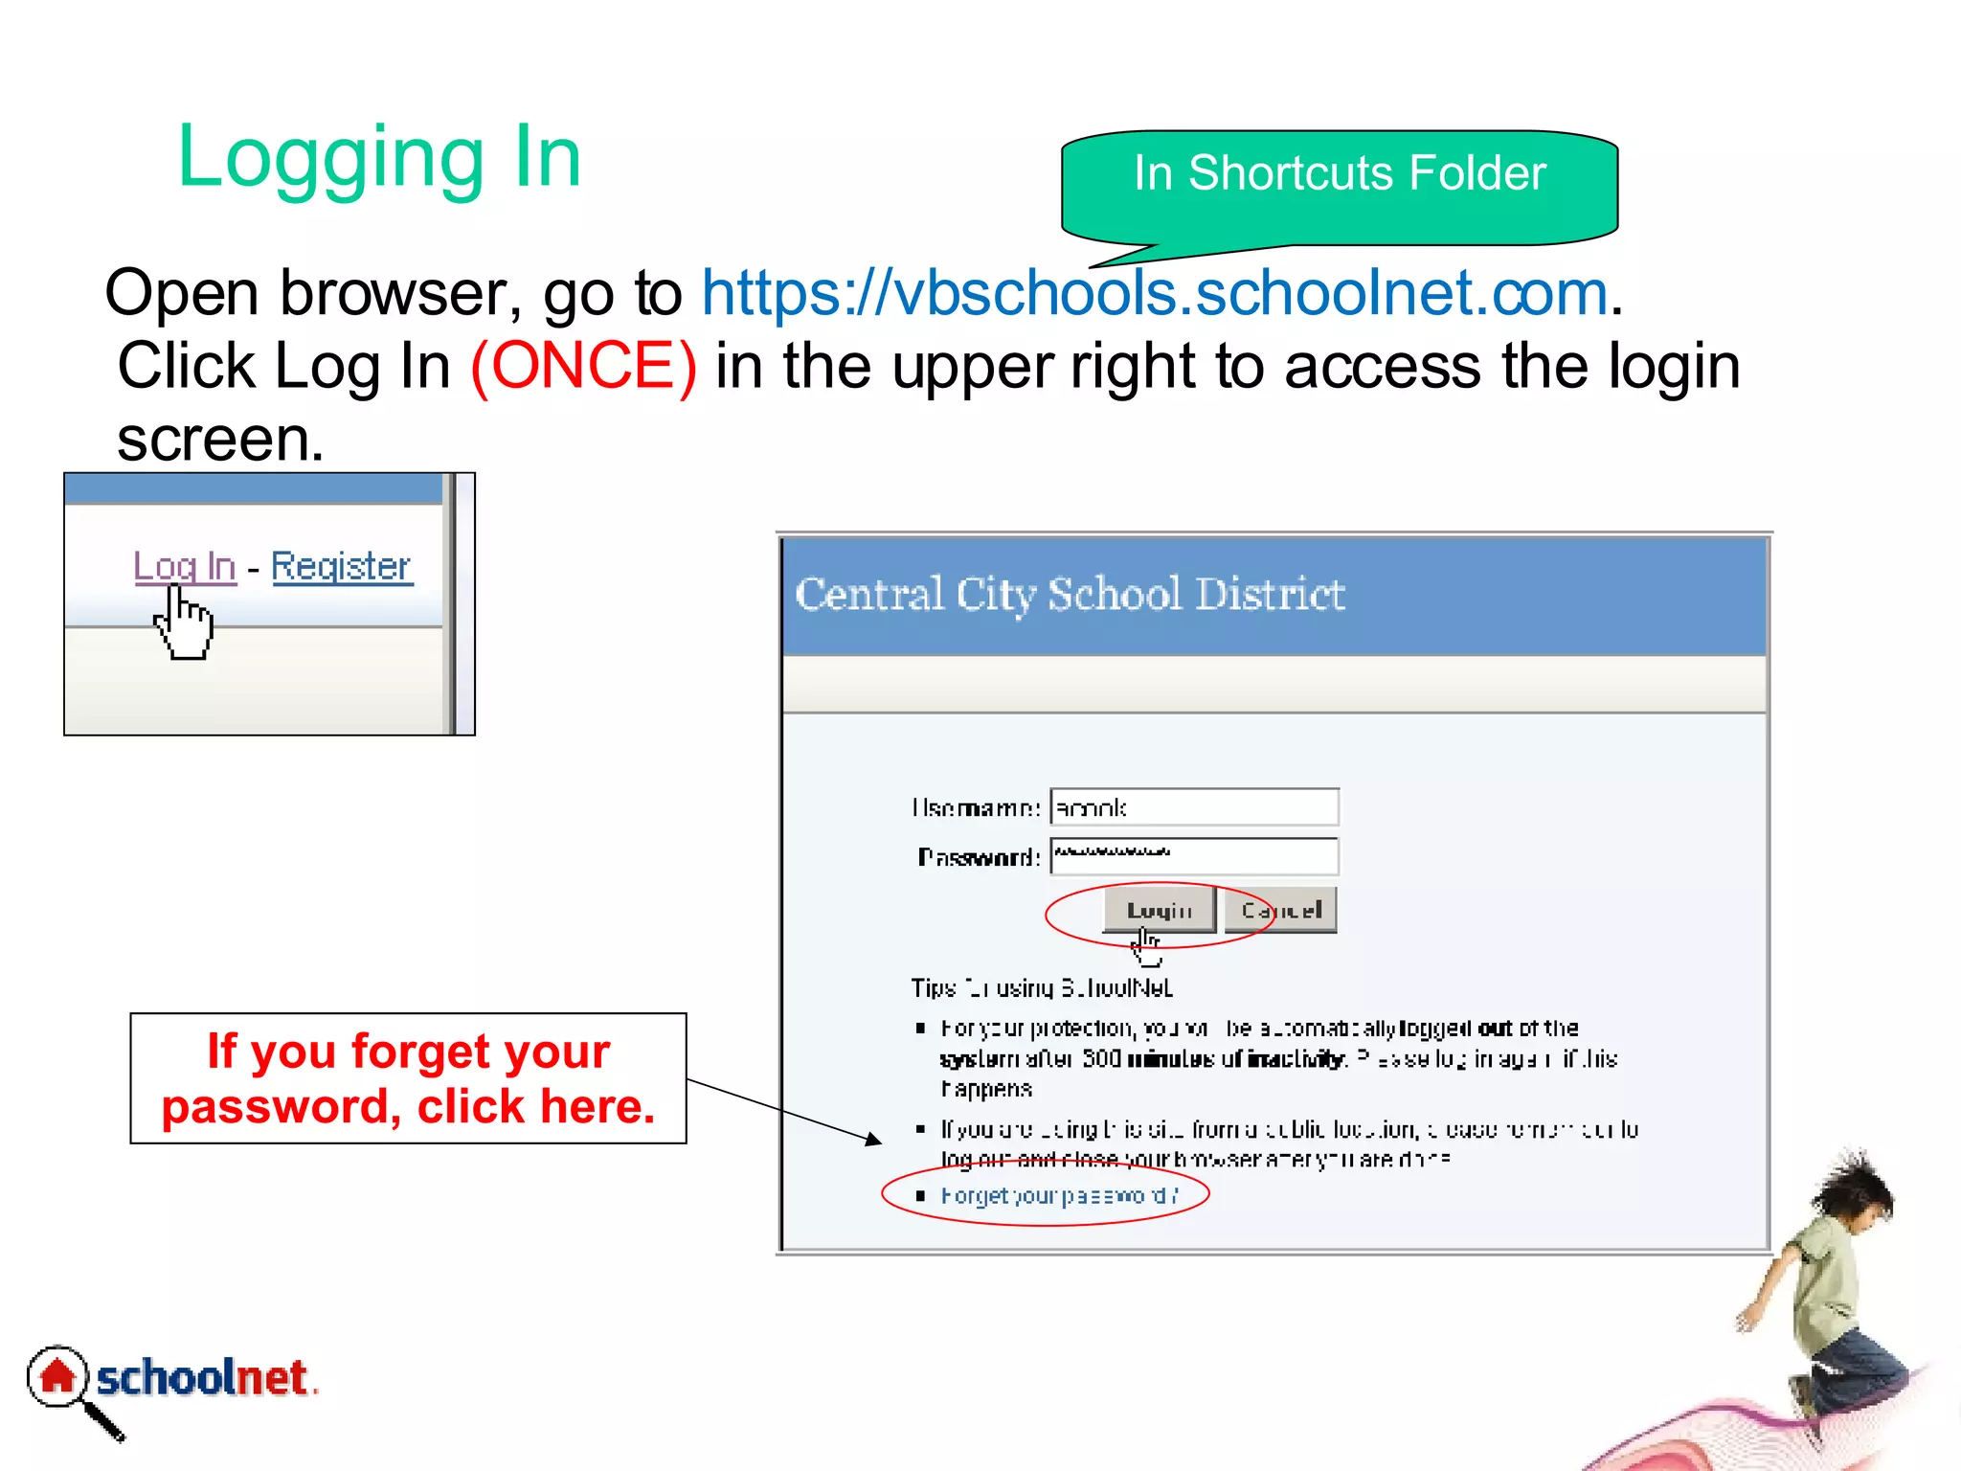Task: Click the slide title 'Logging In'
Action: pyautogui.click(x=379, y=158)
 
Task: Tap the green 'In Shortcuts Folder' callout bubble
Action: pyautogui.click(x=1339, y=175)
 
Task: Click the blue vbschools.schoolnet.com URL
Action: pyautogui.click(x=1154, y=293)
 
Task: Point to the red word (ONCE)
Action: pyautogui.click(x=583, y=366)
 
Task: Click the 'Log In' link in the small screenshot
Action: pyautogui.click(x=185, y=566)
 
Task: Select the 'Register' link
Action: pyautogui.click(x=341, y=566)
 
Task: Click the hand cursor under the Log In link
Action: pyautogui.click(x=185, y=625)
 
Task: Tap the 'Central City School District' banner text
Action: pyautogui.click(x=1070, y=595)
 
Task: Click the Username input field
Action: pyautogui.click(x=1193, y=807)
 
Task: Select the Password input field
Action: pyautogui.click(x=1193, y=856)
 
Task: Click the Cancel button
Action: pyautogui.click(x=1280, y=910)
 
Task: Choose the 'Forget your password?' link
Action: pyautogui.click(x=1058, y=1196)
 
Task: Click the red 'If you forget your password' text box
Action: pyautogui.click(x=408, y=1078)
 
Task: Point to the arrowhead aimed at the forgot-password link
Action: pyautogui.click(x=873, y=1140)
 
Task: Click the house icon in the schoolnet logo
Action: pyautogui.click(x=57, y=1377)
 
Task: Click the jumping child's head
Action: pyautogui.click(x=1858, y=1192)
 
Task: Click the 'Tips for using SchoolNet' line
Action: pyautogui.click(x=1041, y=987)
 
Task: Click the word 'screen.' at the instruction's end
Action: pyautogui.click(x=220, y=440)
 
